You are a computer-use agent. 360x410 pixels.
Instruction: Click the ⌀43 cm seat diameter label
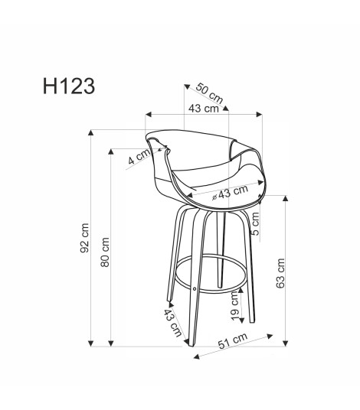pyautogui.click(x=232, y=194)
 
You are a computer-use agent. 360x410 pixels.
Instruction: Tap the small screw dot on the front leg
pyautogui.click(x=195, y=288)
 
